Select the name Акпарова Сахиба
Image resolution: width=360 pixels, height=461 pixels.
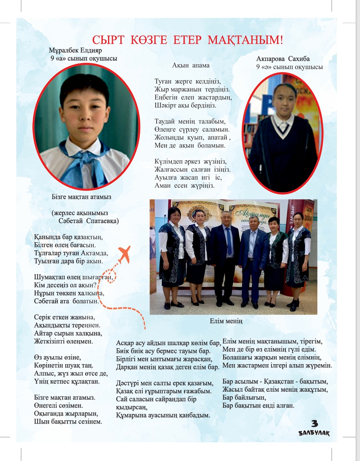pos(283,59)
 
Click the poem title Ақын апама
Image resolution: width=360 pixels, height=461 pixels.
pos(191,65)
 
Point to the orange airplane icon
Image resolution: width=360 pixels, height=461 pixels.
pos(124,255)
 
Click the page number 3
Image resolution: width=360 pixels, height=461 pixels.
pos(314,424)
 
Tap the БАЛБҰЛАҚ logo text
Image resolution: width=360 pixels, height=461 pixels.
pos(314,433)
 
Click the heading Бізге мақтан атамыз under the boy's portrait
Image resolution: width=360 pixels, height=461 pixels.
pos(81,196)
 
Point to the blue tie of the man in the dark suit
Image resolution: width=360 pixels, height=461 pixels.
pos(229,241)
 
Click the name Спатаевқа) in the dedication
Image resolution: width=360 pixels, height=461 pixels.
pos(102,220)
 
